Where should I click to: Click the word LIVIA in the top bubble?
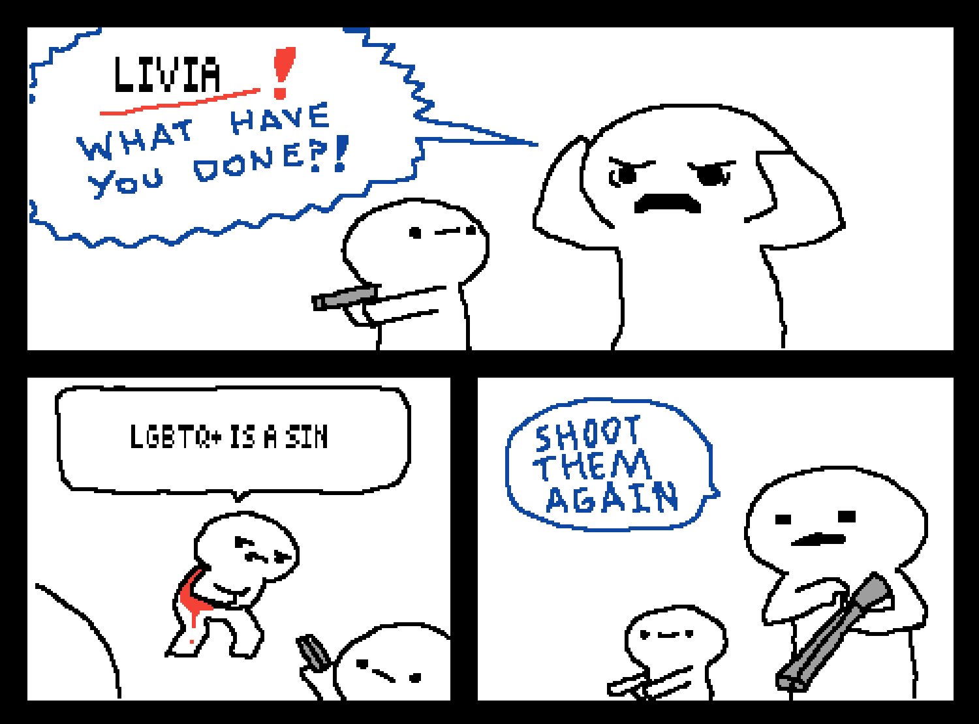pyautogui.click(x=167, y=74)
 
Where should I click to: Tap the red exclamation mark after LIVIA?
pyautogui.click(x=283, y=73)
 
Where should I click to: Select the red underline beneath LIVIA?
pyautogui.click(x=180, y=102)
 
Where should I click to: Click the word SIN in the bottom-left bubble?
pyautogui.click(x=306, y=436)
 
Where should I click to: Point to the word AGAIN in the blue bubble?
pyautogui.click(x=612, y=497)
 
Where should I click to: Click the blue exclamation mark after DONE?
pyautogui.click(x=341, y=153)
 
